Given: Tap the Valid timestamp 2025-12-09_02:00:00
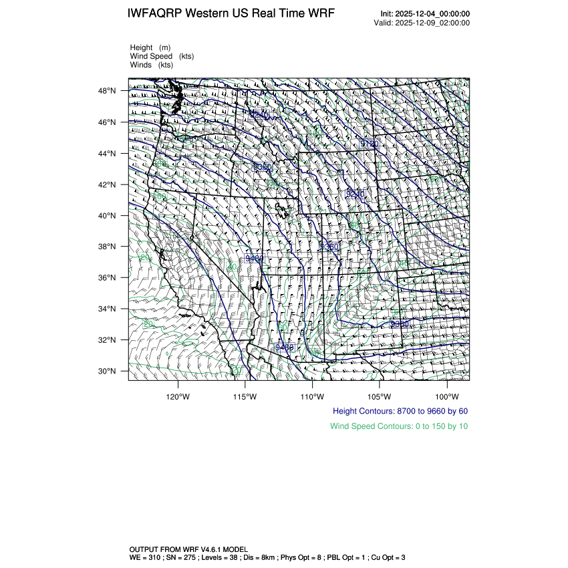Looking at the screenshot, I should coord(434,23).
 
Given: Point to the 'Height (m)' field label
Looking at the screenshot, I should coord(150,47).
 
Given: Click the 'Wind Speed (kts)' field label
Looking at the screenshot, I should coord(160,56).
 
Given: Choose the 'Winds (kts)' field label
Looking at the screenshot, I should coord(152,65).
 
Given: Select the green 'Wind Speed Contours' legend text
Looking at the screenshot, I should coord(399,426).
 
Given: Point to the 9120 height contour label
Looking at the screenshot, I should coord(370,144).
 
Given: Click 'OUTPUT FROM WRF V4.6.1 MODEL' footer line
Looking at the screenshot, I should coord(189,548).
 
